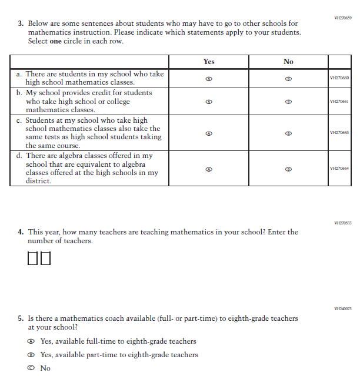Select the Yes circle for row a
209,79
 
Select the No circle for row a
288,79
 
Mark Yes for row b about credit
209,102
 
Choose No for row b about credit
288,102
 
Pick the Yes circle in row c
209,133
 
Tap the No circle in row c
288,133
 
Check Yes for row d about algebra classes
209,169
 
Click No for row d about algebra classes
288,169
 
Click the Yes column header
209,62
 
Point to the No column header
288,62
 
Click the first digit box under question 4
33,259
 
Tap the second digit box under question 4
45,259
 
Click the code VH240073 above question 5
342,308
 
